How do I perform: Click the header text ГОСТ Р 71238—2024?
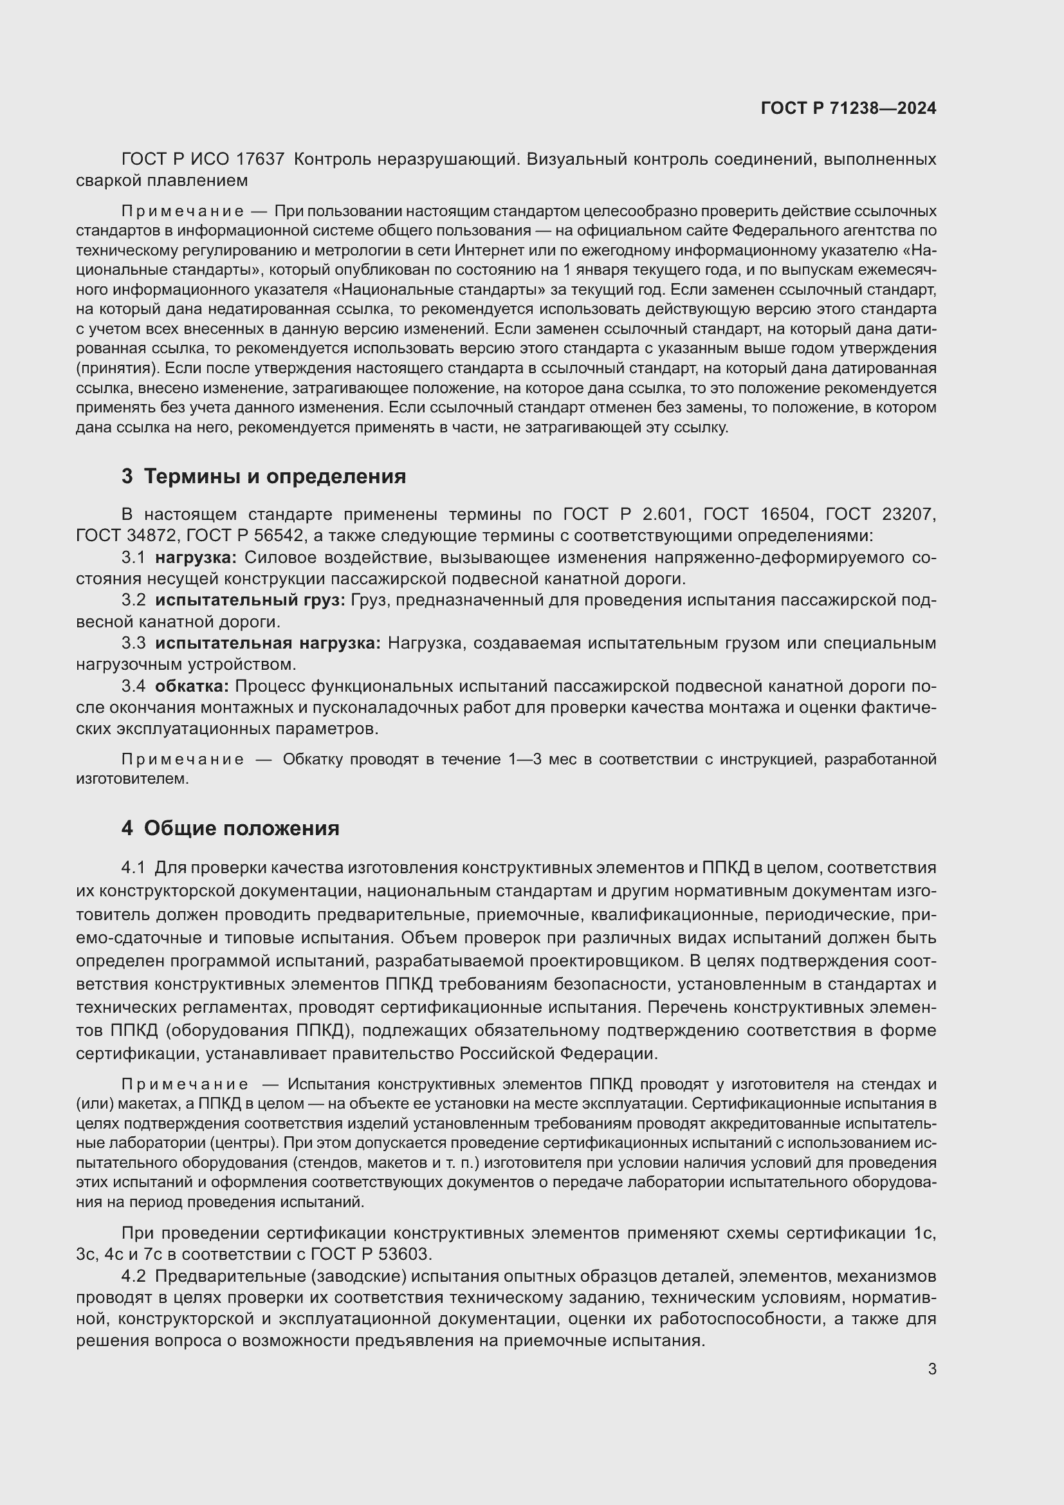tap(848, 108)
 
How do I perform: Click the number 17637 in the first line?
tap(260, 160)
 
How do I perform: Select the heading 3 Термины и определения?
tap(263, 477)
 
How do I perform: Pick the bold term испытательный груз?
tap(250, 600)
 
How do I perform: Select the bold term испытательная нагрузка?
tap(268, 643)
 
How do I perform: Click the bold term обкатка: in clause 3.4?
tap(192, 687)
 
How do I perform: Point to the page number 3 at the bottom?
tap(931, 1369)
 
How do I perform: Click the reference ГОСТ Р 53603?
tap(370, 1255)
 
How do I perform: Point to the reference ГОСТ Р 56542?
tap(245, 536)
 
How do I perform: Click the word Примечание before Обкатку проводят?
tap(183, 760)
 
